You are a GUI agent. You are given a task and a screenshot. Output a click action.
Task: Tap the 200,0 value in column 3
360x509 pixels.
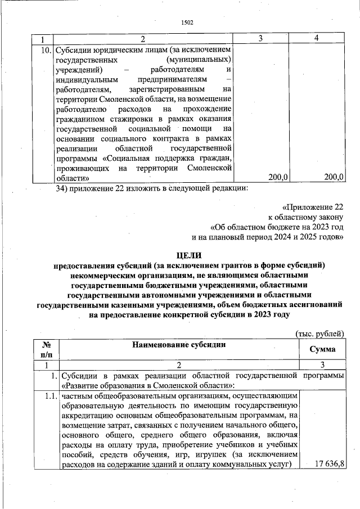coord(278,177)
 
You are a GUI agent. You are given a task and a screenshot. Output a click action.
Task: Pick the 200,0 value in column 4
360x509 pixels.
coord(334,177)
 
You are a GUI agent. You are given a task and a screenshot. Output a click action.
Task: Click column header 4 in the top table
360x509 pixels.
coord(318,38)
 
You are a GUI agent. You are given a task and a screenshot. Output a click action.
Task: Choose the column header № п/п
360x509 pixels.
coord(47,349)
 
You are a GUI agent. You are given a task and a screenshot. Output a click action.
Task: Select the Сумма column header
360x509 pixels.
coord(323,349)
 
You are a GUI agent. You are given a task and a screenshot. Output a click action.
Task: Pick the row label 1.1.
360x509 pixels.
coord(50,397)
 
